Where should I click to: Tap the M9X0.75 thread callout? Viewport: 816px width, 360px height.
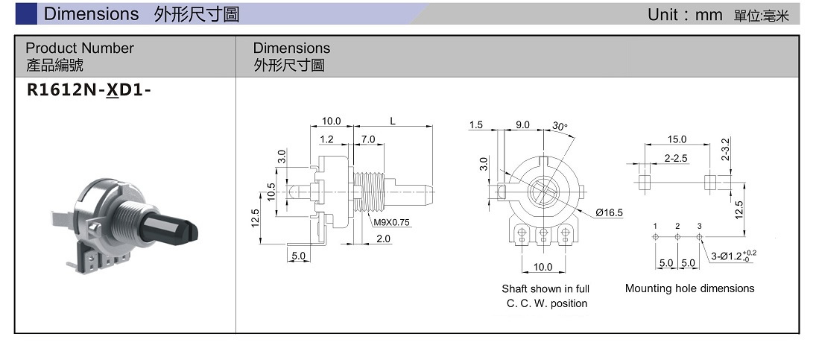[392, 222]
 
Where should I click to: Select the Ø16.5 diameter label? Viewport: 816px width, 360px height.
[609, 213]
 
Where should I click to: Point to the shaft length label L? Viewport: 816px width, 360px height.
[392, 121]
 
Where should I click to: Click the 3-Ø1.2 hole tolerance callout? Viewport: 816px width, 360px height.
[733, 256]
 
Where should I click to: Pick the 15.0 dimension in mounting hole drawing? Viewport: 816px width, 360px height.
[677, 139]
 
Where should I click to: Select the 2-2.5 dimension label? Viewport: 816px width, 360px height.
[676, 158]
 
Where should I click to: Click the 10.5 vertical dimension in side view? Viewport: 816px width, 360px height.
[271, 192]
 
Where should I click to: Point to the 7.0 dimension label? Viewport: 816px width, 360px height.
[367, 139]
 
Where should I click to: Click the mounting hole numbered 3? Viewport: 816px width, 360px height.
[700, 237]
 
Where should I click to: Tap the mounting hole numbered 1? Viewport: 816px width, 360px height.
[655, 237]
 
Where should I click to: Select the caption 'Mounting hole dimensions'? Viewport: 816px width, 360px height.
[689, 288]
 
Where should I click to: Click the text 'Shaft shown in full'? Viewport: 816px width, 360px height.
[545, 288]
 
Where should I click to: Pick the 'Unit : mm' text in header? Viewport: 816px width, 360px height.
[685, 14]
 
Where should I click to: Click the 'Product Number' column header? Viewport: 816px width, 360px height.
[80, 48]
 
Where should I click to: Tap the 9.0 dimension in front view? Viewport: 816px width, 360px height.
[522, 125]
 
